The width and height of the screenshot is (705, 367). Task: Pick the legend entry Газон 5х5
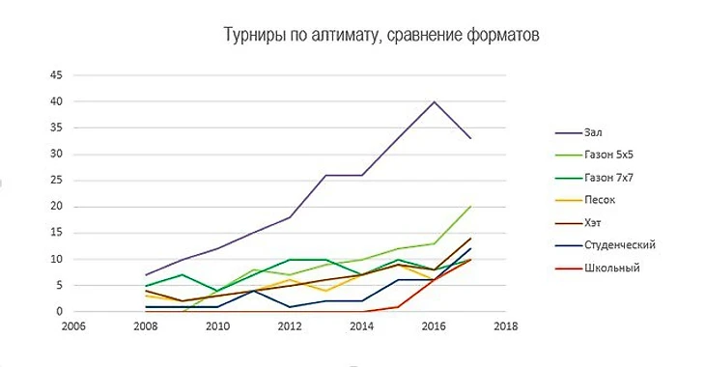tap(610, 155)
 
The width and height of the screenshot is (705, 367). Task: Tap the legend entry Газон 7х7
tap(610, 178)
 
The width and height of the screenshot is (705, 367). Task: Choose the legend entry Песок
tap(600, 201)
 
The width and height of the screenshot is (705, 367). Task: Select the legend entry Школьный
tap(611, 268)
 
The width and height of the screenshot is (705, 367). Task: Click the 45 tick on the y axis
tap(56, 75)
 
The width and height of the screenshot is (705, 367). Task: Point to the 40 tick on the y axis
tap(56, 101)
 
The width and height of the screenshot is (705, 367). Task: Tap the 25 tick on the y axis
tap(56, 181)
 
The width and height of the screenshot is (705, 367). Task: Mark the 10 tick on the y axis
tap(56, 259)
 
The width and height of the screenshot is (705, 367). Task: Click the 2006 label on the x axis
tap(72, 326)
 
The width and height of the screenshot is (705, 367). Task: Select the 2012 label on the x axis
tap(289, 326)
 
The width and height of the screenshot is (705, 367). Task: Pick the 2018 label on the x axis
tap(505, 326)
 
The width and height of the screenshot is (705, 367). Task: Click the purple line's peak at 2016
tap(434, 101)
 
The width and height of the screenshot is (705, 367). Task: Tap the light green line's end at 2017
tap(469, 207)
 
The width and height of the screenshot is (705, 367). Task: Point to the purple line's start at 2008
tap(145, 275)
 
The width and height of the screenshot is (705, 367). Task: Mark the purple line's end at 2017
tap(469, 138)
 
